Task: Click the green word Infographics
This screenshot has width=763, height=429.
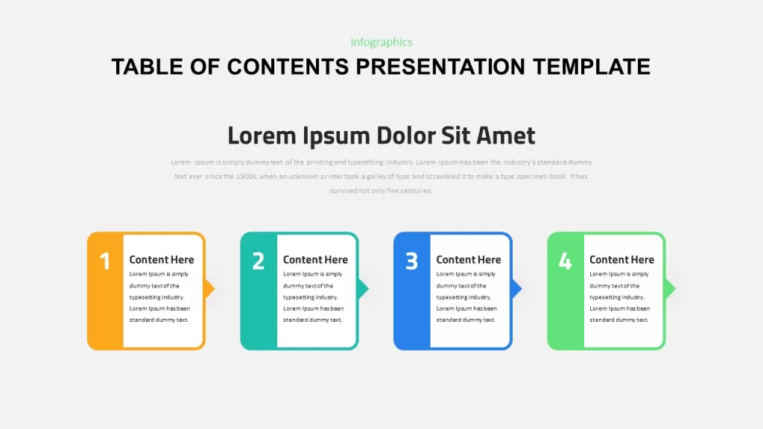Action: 381,42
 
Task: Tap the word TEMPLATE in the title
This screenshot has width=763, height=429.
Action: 591,66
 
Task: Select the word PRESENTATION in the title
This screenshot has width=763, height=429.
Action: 440,66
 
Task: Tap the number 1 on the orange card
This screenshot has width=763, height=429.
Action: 104,261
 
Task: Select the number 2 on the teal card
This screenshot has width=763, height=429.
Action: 259,261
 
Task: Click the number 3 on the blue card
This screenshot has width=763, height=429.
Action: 411,261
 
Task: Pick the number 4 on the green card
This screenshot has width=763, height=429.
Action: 565,261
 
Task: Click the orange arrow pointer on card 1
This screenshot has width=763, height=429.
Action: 209,289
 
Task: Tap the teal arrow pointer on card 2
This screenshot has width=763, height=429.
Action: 363,289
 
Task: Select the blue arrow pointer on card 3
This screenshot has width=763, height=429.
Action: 516,289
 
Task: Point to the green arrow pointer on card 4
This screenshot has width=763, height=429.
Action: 670,289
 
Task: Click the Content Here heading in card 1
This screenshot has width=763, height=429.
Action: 162,260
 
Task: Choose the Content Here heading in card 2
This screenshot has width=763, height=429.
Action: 315,260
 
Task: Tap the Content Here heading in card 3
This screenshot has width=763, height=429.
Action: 469,260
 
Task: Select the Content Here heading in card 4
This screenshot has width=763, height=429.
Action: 622,260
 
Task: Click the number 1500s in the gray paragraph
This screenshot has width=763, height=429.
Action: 246,176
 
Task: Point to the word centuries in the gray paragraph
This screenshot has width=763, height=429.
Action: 417,191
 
